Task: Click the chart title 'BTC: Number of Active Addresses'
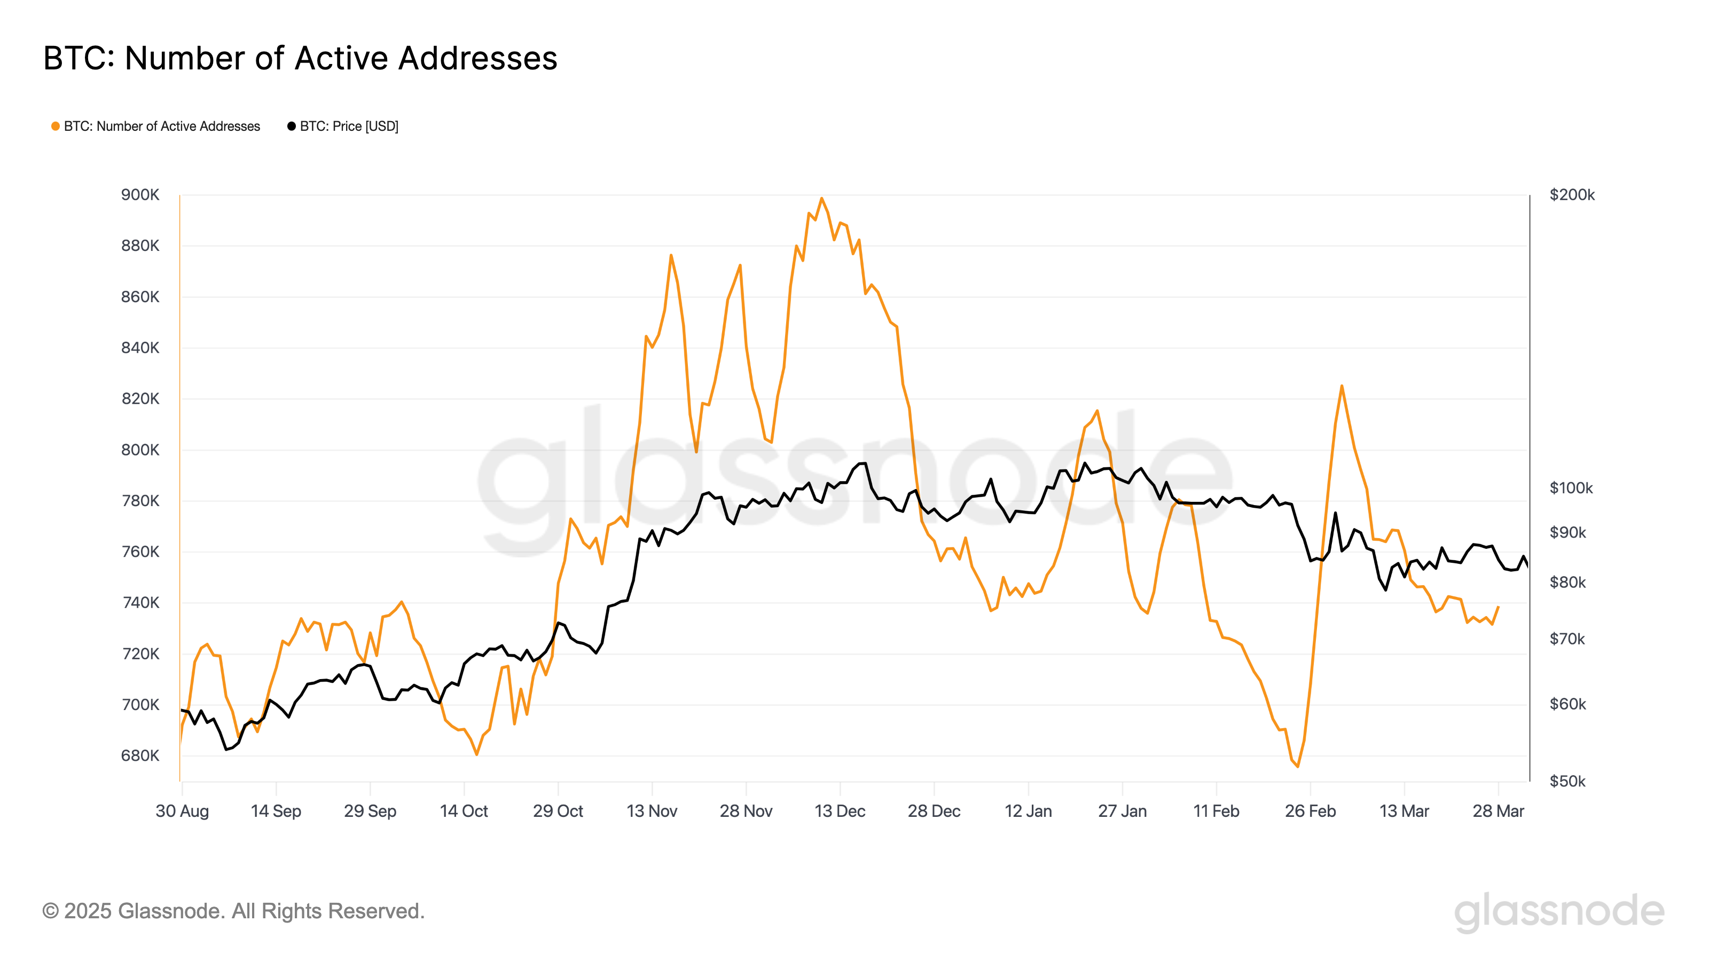300,58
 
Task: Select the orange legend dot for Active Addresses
56,126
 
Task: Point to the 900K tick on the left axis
140,195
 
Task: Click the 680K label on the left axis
140,755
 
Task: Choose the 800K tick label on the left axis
140,450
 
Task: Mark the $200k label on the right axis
1572,195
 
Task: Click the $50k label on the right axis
1567,781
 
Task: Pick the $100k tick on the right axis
1570,488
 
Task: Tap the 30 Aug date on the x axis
182,811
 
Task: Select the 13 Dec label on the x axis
839,811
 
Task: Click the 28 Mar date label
1498,811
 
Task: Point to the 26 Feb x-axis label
1310,811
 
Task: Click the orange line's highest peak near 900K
821,198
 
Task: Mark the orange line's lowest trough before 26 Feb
1298,767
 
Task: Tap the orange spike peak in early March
1342,386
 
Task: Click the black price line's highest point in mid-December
865,463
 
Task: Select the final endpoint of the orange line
1498,607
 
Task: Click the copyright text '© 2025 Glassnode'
233,911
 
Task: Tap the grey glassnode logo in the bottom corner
1559,911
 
